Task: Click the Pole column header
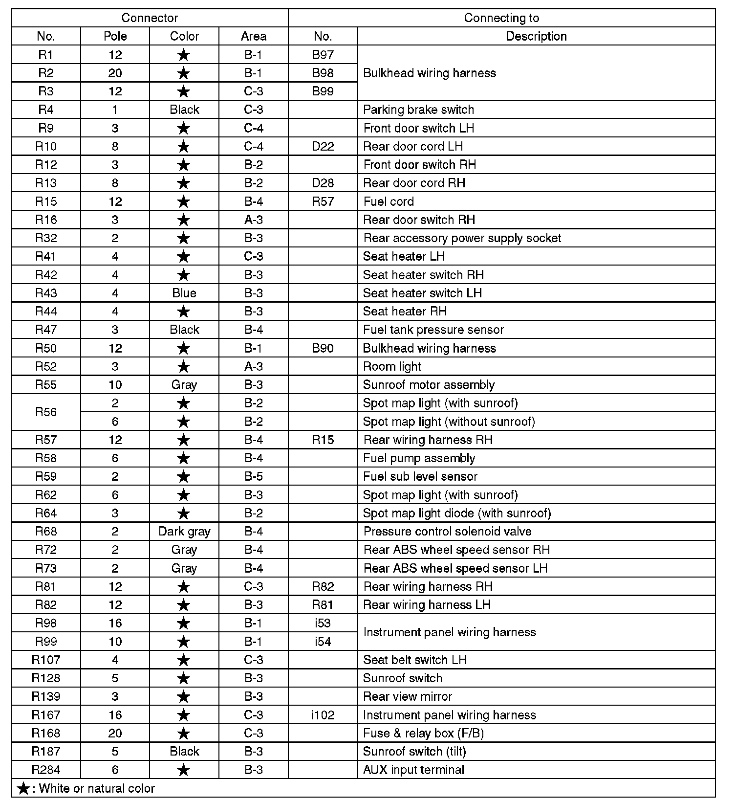115,36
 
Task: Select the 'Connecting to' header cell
501,18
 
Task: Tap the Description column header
536,36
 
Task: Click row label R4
46,110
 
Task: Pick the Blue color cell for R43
184,293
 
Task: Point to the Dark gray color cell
184,532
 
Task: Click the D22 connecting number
323,146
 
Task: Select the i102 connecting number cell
323,715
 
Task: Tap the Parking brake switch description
418,110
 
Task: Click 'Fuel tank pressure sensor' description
433,330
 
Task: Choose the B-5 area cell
254,476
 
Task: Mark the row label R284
46,770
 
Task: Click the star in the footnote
22,788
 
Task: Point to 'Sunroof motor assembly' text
429,385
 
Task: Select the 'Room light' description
392,366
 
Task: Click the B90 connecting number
323,348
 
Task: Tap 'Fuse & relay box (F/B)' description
423,733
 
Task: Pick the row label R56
46,412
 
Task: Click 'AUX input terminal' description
413,770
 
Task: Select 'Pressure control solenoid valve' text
447,532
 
